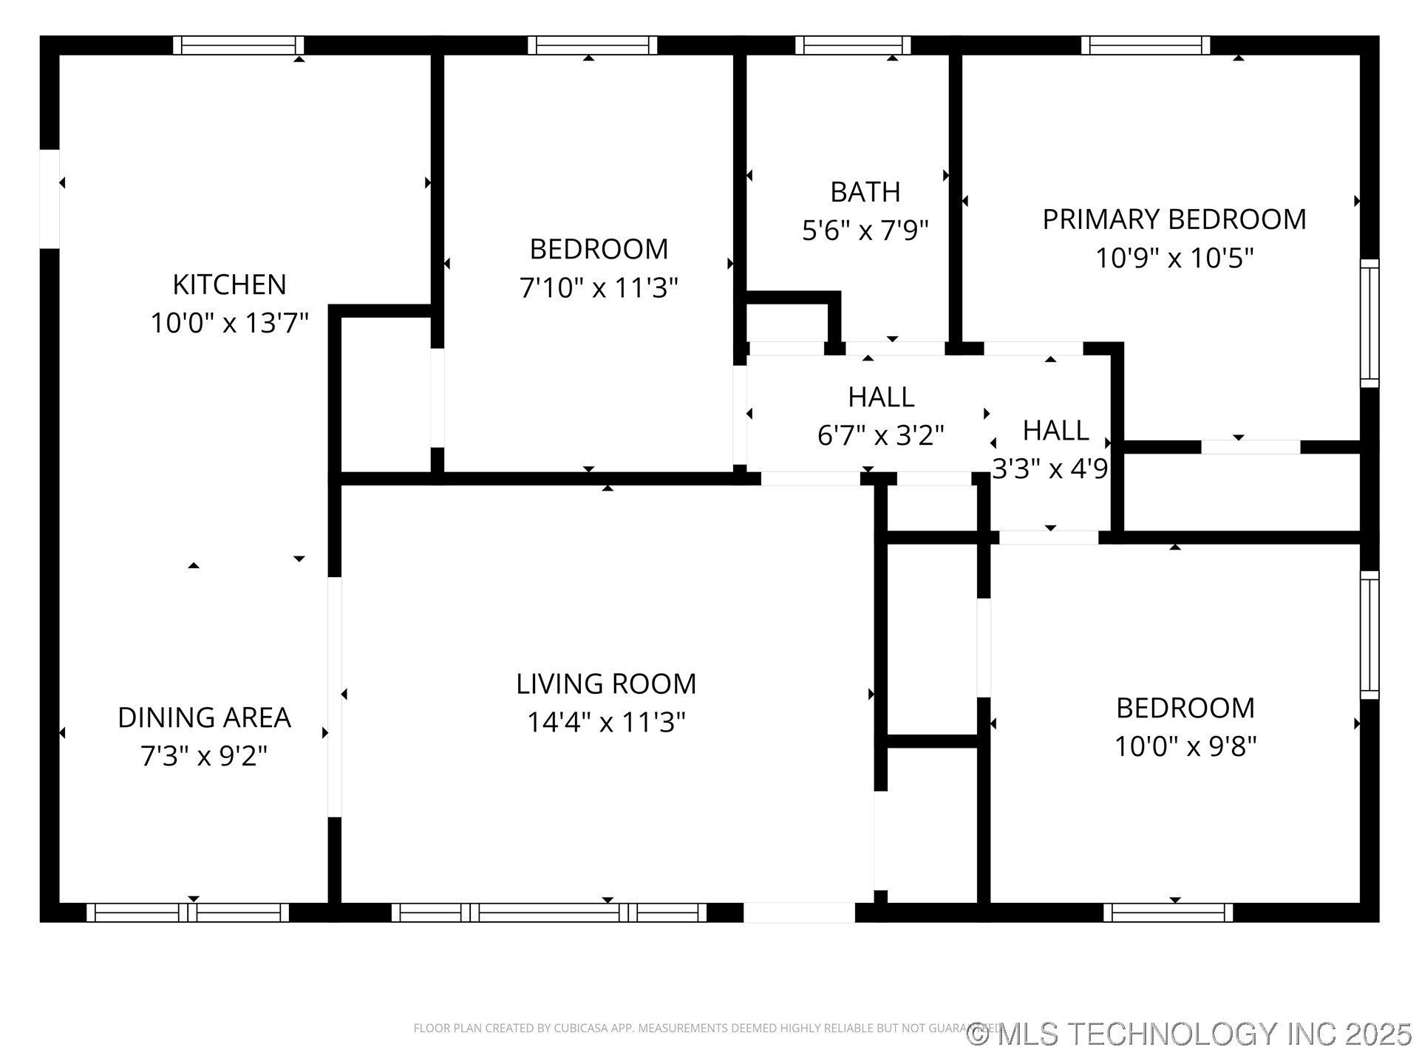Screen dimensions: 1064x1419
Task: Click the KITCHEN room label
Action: point(229,284)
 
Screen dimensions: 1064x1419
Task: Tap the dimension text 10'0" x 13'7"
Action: point(229,323)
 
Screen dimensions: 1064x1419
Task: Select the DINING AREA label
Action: point(204,717)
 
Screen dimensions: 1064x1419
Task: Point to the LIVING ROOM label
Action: point(606,683)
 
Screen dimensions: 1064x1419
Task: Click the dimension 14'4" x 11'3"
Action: point(606,722)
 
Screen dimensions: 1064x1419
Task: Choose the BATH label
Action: point(865,192)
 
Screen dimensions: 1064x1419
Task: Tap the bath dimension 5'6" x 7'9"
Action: point(865,231)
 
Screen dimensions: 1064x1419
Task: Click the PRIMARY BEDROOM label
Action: point(1174,219)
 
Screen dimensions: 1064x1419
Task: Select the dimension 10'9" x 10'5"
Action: point(1174,258)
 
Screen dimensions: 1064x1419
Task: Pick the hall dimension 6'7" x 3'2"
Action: point(881,435)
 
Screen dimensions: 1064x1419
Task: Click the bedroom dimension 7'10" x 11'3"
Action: point(599,287)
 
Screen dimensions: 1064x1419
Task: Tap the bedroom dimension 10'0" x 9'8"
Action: point(1185,746)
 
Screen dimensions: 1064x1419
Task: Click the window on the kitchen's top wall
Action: point(239,45)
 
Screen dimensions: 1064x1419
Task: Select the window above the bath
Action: point(853,45)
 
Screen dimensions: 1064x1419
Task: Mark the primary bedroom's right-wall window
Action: point(1369,323)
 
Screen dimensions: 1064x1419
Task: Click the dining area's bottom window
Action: point(188,913)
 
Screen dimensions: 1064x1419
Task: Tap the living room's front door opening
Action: point(799,913)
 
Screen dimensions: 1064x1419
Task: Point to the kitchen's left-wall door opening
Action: point(50,199)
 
